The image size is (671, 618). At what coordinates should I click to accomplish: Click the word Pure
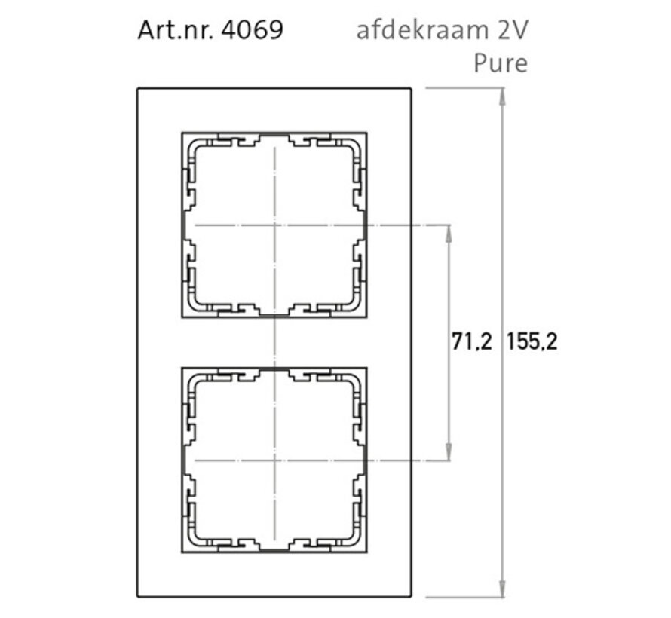tap(500, 63)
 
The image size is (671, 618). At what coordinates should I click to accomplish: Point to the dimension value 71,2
tap(471, 342)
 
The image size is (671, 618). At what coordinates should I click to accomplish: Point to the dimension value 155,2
tap(532, 342)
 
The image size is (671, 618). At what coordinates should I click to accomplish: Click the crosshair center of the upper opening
tap(275, 225)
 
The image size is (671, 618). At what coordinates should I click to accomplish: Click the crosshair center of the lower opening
tap(275, 460)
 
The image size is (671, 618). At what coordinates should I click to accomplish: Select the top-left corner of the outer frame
tap(137, 89)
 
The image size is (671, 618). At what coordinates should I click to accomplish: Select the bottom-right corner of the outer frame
tap(412, 597)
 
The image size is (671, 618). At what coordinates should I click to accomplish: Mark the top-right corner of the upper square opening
tap(367, 133)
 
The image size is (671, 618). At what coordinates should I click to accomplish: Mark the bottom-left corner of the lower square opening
tap(182, 553)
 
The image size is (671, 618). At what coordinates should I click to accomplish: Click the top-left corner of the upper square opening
tap(182, 133)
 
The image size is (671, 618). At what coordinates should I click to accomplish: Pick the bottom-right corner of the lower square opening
tap(367, 553)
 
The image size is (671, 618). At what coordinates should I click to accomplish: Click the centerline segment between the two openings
tap(275, 342)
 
